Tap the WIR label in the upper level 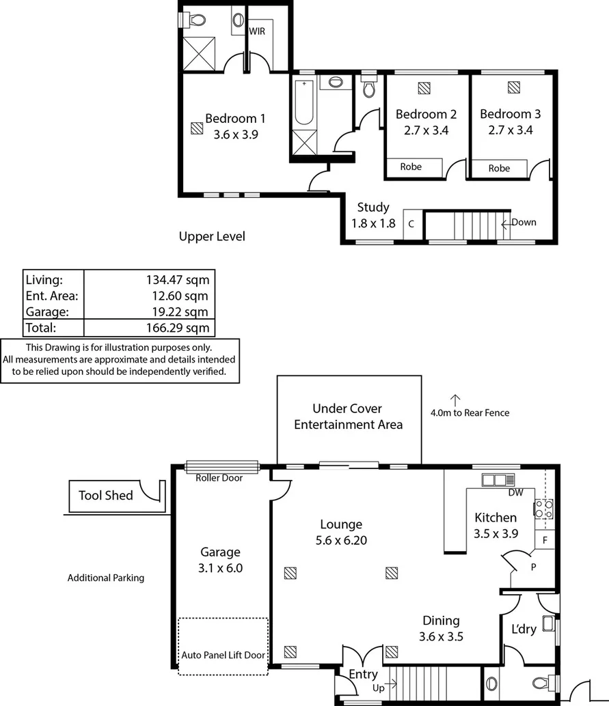click(x=257, y=31)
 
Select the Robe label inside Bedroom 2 click(x=411, y=167)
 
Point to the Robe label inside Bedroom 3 click(x=499, y=168)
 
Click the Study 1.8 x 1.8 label click(x=373, y=214)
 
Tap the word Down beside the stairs click(x=524, y=222)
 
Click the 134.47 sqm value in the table click(x=177, y=279)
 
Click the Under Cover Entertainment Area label click(x=348, y=416)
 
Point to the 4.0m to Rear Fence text click(x=470, y=412)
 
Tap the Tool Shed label click(x=105, y=495)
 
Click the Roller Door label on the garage click(x=219, y=478)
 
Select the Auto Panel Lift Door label click(x=223, y=655)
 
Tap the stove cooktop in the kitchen click(x=543, y=509)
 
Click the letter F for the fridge click(x=545, y=539)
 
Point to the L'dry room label click(x=524, y=629)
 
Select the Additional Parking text click(x=106, y=578)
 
